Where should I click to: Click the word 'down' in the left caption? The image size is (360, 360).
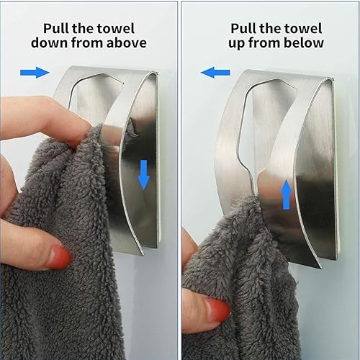[50, 42]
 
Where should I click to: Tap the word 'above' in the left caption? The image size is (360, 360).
[127, 42]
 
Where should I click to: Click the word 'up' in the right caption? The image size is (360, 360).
[236, 44]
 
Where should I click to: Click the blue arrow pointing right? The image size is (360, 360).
[35, 72]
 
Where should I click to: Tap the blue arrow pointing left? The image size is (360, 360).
[215, 72]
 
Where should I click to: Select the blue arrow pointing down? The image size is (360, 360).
[144, 175]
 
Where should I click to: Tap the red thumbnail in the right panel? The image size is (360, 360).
[217, 311]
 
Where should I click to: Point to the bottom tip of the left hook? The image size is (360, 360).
[143, 255]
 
